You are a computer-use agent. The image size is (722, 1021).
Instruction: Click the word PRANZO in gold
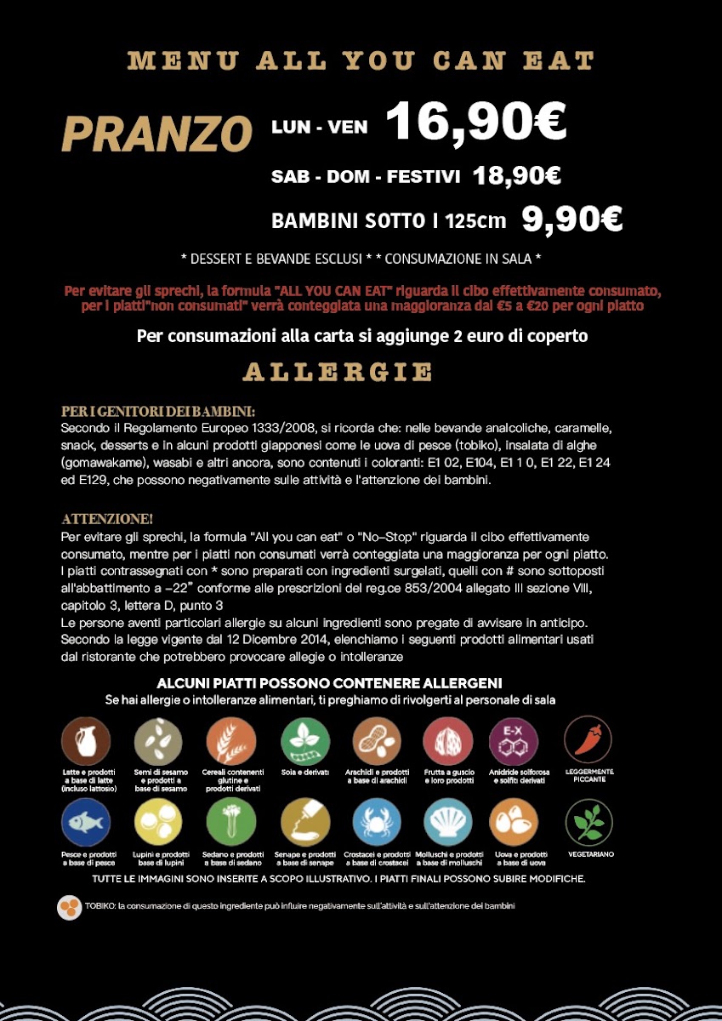pos(157,133)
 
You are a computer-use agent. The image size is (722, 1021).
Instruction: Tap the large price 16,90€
pos(476,122)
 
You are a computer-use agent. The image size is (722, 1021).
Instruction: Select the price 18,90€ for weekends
pos(517,176)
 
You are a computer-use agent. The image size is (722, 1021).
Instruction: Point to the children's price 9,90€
pos(571,220)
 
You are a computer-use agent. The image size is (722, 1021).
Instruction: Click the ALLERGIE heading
pos(338,372)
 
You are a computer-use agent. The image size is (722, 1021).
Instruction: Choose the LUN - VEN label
pos(320,127)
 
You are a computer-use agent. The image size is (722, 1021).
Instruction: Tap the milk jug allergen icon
pos(86,740)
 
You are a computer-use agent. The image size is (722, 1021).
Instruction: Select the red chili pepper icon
pos(588,739)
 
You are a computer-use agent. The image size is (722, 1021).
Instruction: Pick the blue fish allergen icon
pos(86,823)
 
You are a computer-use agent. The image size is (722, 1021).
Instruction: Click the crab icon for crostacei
pos(377,823)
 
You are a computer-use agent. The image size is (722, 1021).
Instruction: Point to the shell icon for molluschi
pos(448,823)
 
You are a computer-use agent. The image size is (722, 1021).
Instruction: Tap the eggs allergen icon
pos(514,823)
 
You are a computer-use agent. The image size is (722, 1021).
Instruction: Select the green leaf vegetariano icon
pos(588,823)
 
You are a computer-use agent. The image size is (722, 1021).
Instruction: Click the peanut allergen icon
pos(377,740)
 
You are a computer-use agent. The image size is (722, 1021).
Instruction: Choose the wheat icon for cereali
pos(231,740)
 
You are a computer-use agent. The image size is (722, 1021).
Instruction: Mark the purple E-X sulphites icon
pos(514,740)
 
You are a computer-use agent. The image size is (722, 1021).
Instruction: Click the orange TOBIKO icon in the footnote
pos(69,907)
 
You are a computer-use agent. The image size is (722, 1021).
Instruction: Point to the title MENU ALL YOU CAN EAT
pos(361,60)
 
